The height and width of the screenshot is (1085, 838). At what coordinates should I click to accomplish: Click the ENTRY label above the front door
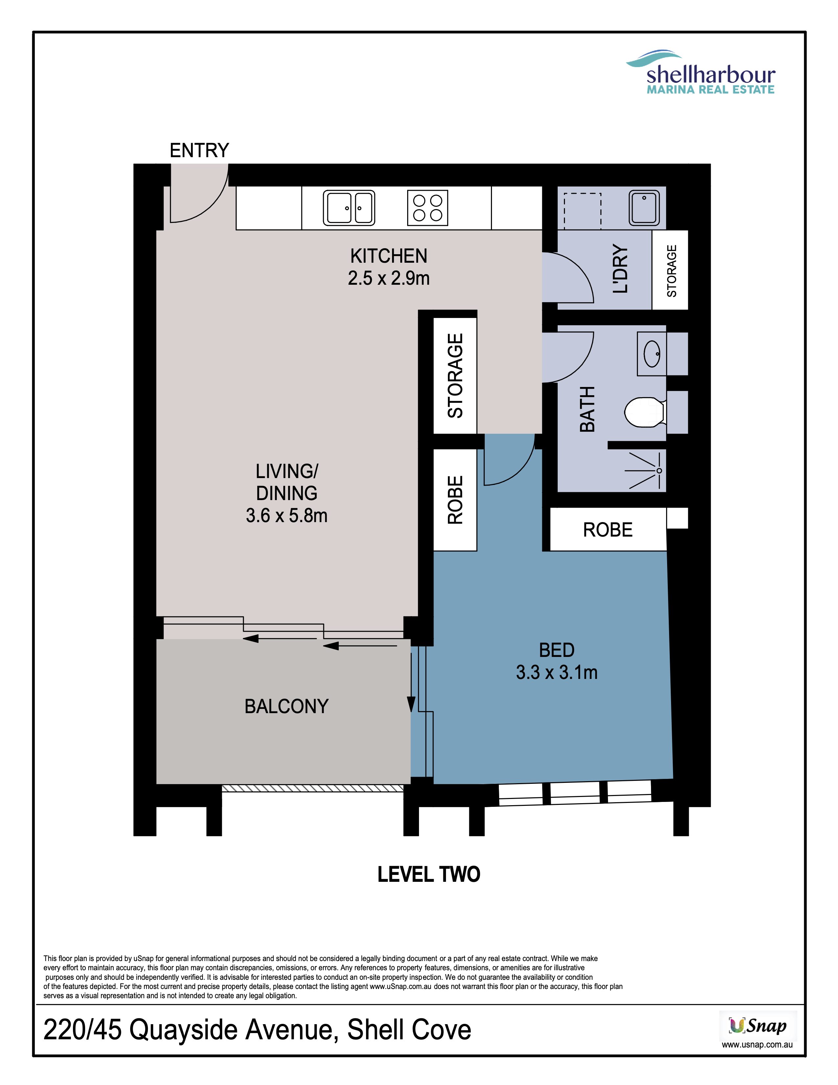199,150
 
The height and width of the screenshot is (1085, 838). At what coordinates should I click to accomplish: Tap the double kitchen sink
349,208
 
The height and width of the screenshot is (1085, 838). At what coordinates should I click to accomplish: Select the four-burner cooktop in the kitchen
428,208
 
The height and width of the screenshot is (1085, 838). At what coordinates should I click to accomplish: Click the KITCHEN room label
389,256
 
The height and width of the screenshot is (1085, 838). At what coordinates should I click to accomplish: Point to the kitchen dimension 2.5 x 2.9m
389,278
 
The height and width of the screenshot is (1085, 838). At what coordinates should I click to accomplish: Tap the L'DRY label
620,269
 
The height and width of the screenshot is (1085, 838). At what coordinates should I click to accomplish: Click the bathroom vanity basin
652,354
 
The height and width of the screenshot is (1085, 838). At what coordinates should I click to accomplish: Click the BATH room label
587,409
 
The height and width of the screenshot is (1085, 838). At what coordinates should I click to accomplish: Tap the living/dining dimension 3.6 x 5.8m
287,516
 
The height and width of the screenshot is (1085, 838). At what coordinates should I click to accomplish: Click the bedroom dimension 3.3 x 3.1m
556,672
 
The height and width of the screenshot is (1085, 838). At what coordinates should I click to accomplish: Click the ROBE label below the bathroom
608,530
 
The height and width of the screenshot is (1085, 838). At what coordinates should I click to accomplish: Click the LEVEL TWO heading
429,874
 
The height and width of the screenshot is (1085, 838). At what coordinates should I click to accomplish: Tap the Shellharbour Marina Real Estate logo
701,73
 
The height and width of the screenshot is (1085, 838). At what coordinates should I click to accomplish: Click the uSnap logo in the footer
758,1026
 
